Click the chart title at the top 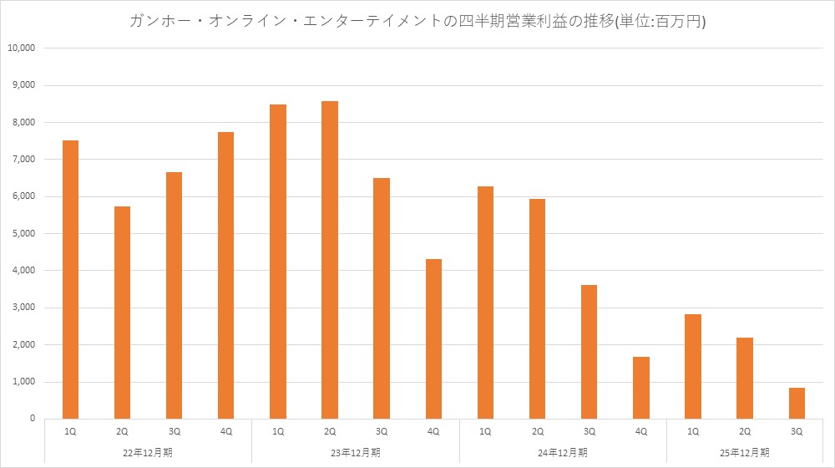(x=417, y=22)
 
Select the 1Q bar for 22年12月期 (x=71, y=279)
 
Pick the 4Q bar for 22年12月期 (x=225, y=275)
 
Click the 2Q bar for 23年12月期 (x=330, y=260)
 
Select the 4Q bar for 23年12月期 (x=433, y=338)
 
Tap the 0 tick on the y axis (x=31, y=419)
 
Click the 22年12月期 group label (x=148, y=453)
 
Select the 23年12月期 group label (x=356, y=453)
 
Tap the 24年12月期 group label (x=564, y=453)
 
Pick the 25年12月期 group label (x=745, y=453)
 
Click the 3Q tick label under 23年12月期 (x=382, y=432)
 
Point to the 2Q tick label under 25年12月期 (x=745, y=432)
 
